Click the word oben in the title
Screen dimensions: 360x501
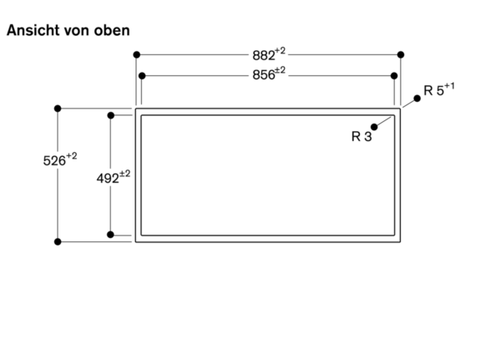click(x=111, y=30)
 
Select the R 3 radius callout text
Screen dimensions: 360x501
click(x=361, y=136)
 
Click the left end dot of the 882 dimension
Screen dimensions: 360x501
click(x=136, y=54)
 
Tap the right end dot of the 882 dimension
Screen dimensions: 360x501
click(x=402, y=54)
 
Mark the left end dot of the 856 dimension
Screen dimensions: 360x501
click(x=142, y=76)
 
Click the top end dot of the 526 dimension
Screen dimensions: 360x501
click(x=58, y=109)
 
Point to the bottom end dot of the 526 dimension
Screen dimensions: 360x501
click(x=58, y=241)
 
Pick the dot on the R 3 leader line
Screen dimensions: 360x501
click(x=375, y=126)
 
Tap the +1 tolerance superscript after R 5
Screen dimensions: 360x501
click(x=450, y=86)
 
